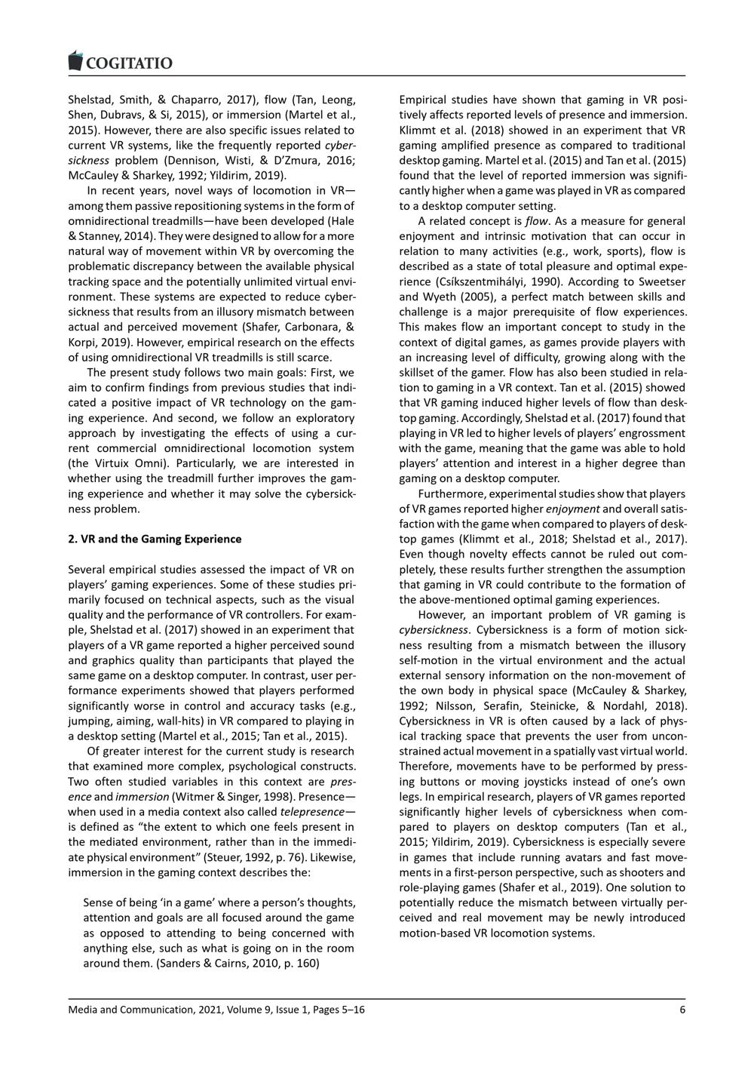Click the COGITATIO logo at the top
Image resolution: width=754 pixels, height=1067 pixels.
click(121, 63)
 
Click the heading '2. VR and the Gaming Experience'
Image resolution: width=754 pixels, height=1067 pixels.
click(155, 539)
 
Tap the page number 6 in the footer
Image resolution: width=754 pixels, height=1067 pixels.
click(682, 1010)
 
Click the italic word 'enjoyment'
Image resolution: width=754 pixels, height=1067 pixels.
click(572, 509)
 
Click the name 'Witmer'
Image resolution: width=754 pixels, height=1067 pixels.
click(192, 797)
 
